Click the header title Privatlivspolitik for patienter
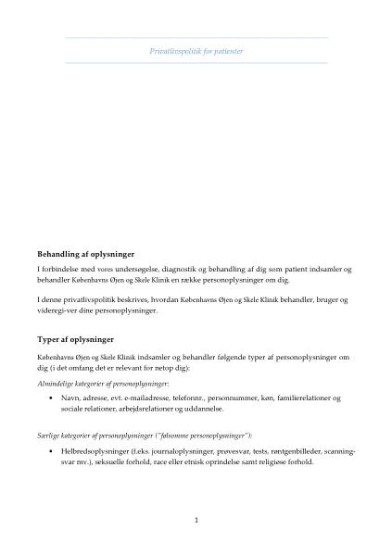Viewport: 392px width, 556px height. click(196, 50)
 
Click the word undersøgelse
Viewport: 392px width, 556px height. click(140, 269)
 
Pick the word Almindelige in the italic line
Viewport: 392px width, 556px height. click(54, 383)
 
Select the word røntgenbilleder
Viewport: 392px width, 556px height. click(288, 451)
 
